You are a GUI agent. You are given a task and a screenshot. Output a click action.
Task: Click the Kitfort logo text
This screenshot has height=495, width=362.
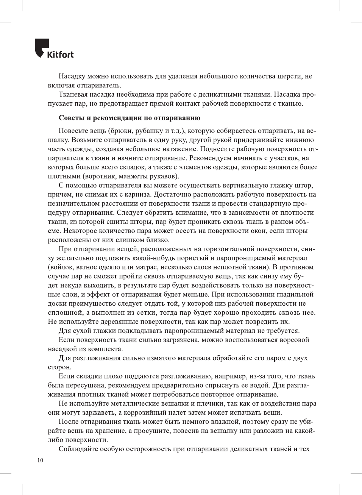60,55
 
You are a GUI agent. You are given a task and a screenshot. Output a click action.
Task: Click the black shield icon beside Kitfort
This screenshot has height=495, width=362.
42,48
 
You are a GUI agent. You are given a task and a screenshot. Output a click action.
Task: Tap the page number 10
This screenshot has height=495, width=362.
40,461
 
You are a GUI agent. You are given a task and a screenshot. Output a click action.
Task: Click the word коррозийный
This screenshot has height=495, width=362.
150,413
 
